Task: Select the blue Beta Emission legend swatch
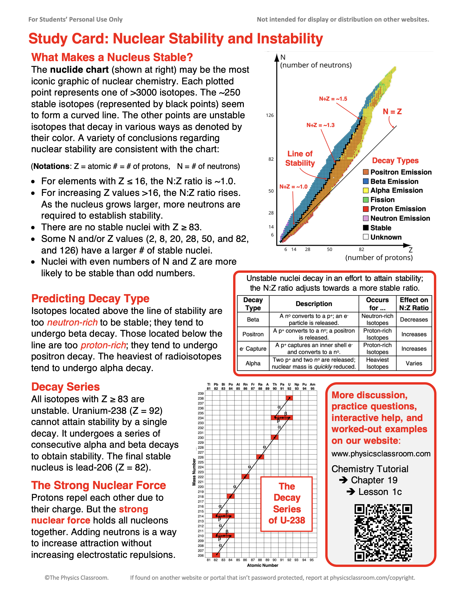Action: point(366,181)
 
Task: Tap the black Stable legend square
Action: point(366,228)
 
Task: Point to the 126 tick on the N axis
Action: point(270,115)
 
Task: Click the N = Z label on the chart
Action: point(392,112)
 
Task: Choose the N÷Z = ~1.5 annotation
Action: point(333,99)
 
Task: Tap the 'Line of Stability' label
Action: point(300,158)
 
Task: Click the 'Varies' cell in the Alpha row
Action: point(414,363)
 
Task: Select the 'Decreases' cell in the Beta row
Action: point(414,319)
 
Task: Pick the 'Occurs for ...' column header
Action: point(377,304)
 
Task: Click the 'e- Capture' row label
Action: point(253,349)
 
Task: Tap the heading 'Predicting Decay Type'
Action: point(90,298)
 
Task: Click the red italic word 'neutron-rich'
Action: point(72,322)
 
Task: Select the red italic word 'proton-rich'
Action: point(103,345)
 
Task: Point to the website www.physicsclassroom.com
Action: point(381,454)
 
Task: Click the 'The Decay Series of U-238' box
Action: point(286,504)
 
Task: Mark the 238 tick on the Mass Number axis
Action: point(201,398)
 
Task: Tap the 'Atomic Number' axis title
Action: point(262,565)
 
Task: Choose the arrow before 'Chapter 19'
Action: point(343,480)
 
